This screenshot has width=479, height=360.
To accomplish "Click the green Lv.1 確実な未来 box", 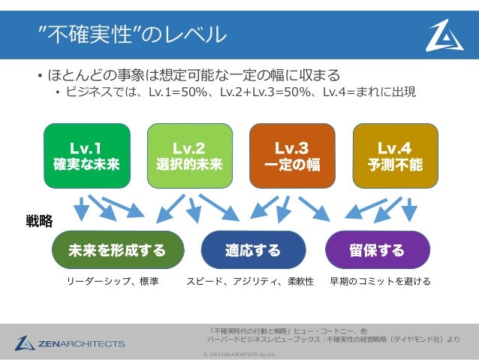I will pos(86,154).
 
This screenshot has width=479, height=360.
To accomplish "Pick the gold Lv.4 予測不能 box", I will pos(394,154).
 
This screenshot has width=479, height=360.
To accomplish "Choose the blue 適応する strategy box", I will pos(254,250).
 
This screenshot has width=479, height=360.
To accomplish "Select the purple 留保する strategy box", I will pos(377,250).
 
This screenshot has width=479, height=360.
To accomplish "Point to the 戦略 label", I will pos(39,220).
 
